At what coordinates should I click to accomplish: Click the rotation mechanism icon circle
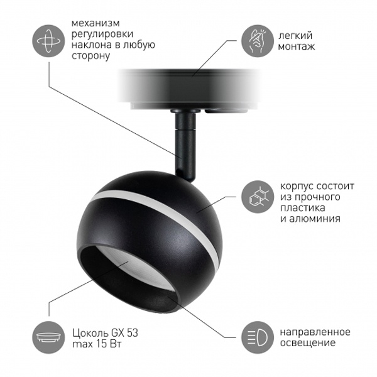pyautogui.click(x=48, y=41)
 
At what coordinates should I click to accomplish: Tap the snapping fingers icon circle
pyautogui.click(x=258, y=41)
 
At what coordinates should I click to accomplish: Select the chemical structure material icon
pyautogui.click(x=258, y=197)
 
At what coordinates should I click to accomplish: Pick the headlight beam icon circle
pyautogui.click(x=258, y=337)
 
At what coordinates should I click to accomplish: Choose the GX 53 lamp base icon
pyautogui.click(x=48, y=337)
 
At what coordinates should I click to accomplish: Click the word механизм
pyautogui.click(x=96, y=23)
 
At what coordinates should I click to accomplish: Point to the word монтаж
pyautogui.click(x=297, y=46)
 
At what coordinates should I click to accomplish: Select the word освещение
pyautogui.click(x=308, y=342)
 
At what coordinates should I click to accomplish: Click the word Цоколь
pyautogui.click(x=90, y=333)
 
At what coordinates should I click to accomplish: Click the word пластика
pyautogui.click(x=303, y=208)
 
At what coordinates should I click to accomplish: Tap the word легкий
pyautogui.click(x=295, y=36)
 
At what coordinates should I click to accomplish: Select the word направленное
pyautogui.click(x=315, y=332)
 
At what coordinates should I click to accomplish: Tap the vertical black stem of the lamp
pyautogui.click(x=185, y=146)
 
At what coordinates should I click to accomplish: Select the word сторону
pyautogui.click(x=91, y=56)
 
